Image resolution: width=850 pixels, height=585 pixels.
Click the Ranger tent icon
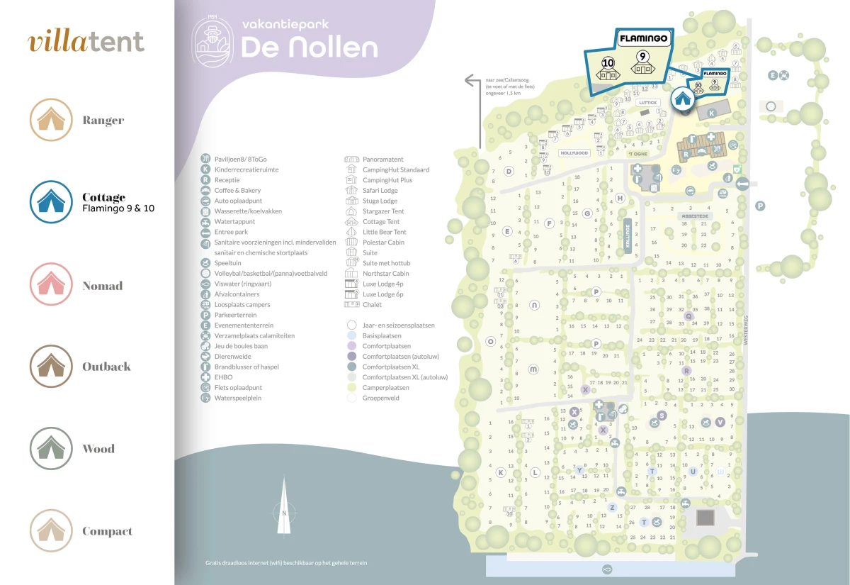point(51,120)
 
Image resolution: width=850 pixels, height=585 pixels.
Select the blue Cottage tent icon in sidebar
point(51,202)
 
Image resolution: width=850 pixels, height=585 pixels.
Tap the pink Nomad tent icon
point(51,284)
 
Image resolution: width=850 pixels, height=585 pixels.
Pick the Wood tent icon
point(51,448)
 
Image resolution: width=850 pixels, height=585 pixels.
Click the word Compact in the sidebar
point(107,531)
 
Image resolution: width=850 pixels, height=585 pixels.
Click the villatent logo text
point(86,42)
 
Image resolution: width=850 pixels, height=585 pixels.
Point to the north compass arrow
point(283,507)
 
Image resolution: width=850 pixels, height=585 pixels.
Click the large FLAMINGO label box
point(644,40)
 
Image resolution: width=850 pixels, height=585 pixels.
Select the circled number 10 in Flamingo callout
point(608,62)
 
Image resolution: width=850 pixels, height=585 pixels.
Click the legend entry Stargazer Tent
point(382,211)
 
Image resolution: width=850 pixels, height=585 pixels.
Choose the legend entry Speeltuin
point(228,263)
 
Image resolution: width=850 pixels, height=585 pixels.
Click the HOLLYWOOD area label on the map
point(574,153)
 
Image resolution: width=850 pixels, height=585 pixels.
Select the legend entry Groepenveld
point(381,398)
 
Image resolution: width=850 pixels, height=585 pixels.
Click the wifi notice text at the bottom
point(286,563)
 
